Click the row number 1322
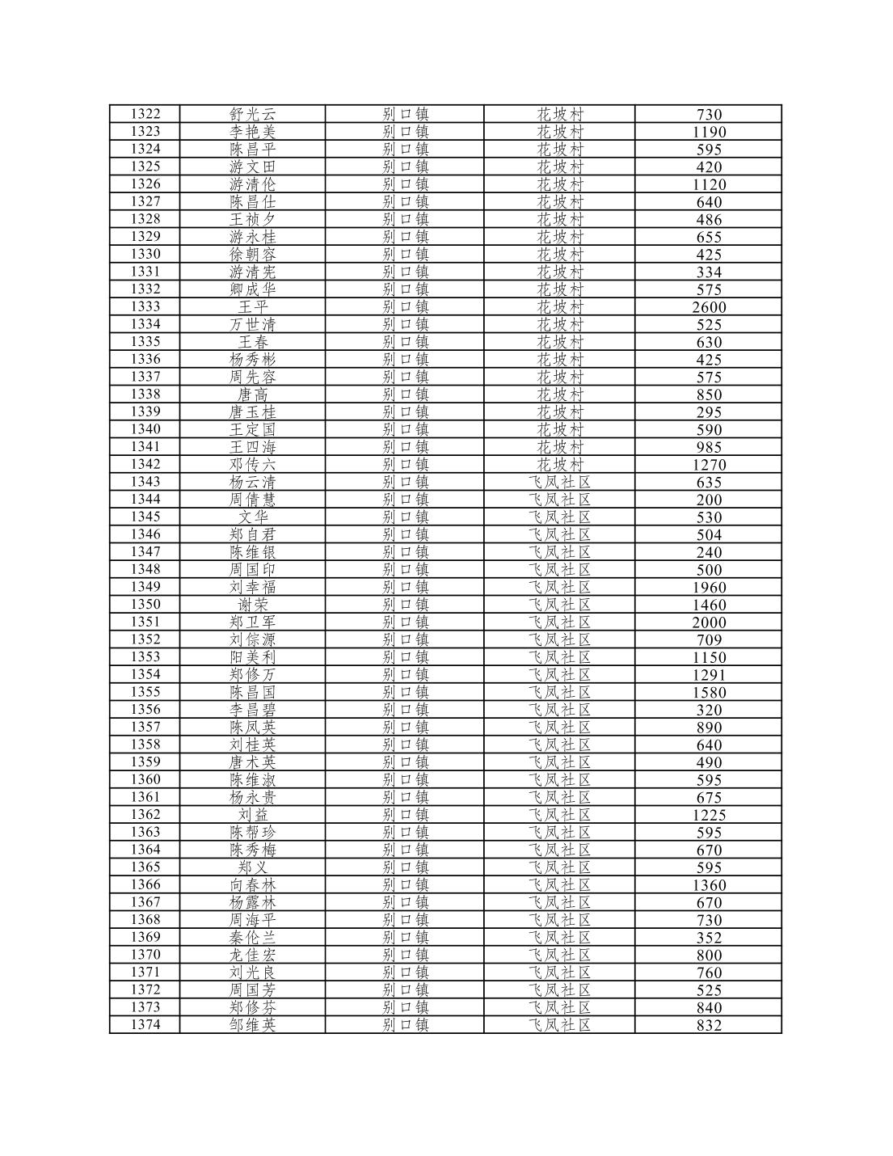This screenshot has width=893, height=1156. (x=145, y=114)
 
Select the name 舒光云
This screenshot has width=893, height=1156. (x=252, y=114)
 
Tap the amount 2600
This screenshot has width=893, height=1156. (x=709, y=307)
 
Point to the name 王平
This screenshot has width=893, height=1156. (x=252, y=307)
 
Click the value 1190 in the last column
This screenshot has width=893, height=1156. (x=709, y=132)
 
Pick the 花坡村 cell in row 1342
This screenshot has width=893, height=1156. (x=559, y=465)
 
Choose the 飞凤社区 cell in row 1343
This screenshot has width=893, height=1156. (x=559, y=482)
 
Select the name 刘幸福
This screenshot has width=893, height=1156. (x=252, y=587)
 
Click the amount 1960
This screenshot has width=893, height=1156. (x=709, y=588)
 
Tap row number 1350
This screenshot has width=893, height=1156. (x=145, y=605)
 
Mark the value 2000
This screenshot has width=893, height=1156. (x=709, y=622)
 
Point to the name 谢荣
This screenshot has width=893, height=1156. (x=252, y=605)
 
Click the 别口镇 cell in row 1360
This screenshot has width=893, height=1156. (x=405, y=780)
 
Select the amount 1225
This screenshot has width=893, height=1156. (x=709, y=815)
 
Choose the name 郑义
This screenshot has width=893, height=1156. (x=252, y=867)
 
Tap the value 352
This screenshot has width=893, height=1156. (x=709, y=938)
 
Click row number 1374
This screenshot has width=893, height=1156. (x=145, y=1025)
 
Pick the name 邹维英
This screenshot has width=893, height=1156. (x=252, y=1025)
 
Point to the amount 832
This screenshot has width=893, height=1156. (x=709, y=1025)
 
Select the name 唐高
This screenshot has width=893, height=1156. (x=252, y=394)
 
